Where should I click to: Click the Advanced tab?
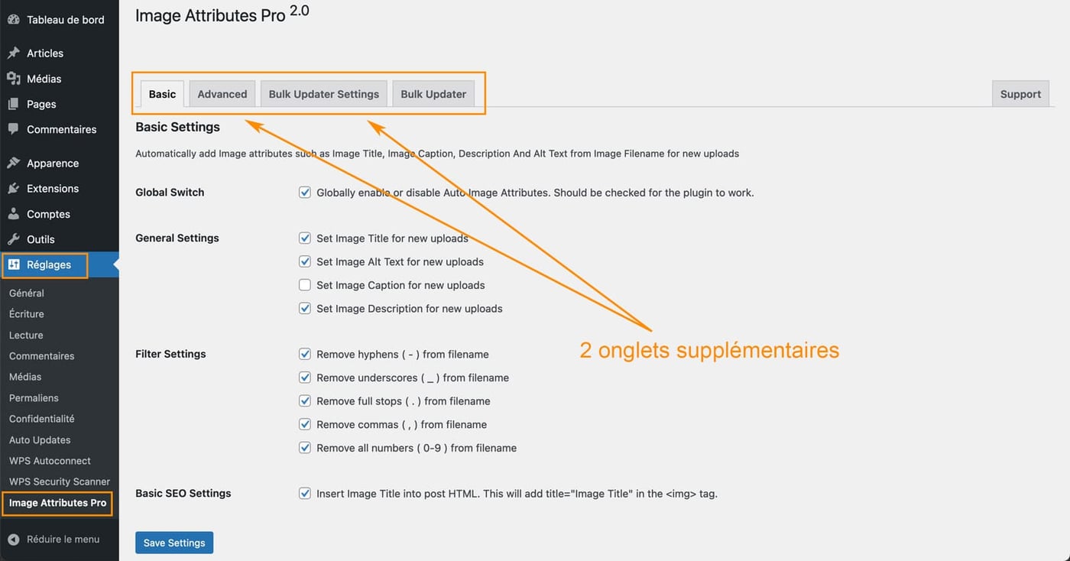pos(222,94)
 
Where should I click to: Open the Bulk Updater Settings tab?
pos(323,94)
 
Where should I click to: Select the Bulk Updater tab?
pos(433,94)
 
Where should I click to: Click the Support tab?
pos(1020,94)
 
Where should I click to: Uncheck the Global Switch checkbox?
pos(305,193)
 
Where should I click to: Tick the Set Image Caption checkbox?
pos(305,285)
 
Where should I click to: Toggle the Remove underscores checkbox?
pos(305,378)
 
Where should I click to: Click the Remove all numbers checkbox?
pos(305,448)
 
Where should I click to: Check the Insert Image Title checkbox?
pos(305,494)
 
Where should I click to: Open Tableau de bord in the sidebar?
pos(65,20)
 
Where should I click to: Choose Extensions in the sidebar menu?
pos(53,189)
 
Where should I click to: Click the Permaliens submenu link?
pos(34,398)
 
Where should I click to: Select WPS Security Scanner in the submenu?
pos(60,482)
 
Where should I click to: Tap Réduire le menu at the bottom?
pos(63,539)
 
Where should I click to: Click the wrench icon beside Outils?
pos(14,239)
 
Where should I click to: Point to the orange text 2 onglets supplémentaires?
pos(708,350)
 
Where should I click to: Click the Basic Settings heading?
pos(177,127)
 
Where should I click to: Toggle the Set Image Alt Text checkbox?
pos(305,261)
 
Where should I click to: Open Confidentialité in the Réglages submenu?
pos(42,419)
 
